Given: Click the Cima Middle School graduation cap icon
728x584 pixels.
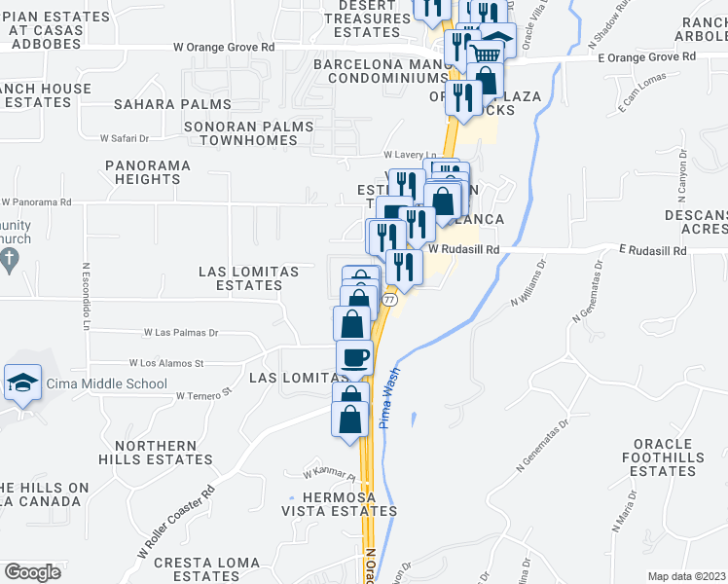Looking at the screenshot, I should (x=22, y=383).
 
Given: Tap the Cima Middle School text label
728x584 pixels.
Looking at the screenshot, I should (x=106, y=383).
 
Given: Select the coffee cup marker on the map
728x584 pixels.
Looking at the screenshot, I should (x=354, y=357).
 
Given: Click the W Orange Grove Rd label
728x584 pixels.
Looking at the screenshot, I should (x=223, y=46).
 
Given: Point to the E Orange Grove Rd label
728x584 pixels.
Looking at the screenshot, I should (x=647, y=56).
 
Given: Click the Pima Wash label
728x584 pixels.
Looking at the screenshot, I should (x=392, y=390).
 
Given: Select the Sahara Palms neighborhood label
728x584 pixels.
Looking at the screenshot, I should (x=172, y=104).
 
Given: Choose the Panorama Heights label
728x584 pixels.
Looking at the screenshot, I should (x=148, y=172).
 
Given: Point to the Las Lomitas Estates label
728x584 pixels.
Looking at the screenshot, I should (x=241, y=277).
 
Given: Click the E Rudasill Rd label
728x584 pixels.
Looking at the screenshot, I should (x=652, y=251).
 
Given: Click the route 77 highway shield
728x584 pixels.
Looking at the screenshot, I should (x=388, y=301).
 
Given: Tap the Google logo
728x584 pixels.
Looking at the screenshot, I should (x=32, y=571).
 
